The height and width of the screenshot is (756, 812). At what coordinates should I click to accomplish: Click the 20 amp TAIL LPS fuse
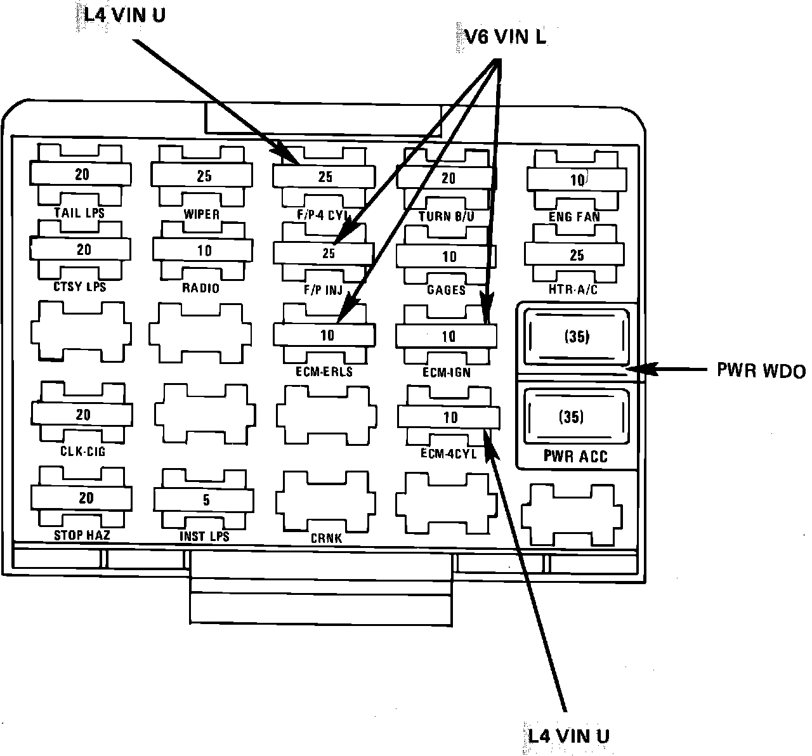(x=81, y=174)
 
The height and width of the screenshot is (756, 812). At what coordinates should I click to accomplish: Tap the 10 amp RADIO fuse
(x=203, y=251)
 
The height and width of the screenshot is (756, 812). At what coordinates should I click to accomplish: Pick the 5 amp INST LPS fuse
(x=204, y=500)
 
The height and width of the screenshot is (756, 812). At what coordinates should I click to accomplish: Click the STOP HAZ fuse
(x=84, y=498)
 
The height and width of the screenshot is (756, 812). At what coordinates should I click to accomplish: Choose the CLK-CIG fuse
(x=82, y=415)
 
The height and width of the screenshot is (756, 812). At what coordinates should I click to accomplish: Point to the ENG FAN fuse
(x=576, y=179)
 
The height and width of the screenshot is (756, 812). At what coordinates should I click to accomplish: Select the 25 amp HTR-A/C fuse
(x=576, y=255)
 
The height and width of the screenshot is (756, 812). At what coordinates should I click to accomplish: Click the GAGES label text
(x=447, y=290)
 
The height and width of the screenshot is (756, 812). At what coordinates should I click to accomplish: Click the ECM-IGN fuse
(x=447, y=336)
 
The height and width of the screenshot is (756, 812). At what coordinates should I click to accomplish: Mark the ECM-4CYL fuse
(x=449, y=417)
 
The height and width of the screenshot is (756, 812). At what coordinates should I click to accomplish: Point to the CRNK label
(x=327, y=538)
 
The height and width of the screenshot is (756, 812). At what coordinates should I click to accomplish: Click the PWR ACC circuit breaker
(x=574, y=417)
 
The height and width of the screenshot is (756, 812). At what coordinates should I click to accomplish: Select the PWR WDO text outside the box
(x=761, y=370)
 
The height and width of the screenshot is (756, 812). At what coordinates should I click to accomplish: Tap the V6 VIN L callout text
(x=501, y=37)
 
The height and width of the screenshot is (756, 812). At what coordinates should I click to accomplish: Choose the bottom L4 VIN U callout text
(x=568, y=736)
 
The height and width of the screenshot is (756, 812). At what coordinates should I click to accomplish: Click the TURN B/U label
(x=447, y=216)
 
